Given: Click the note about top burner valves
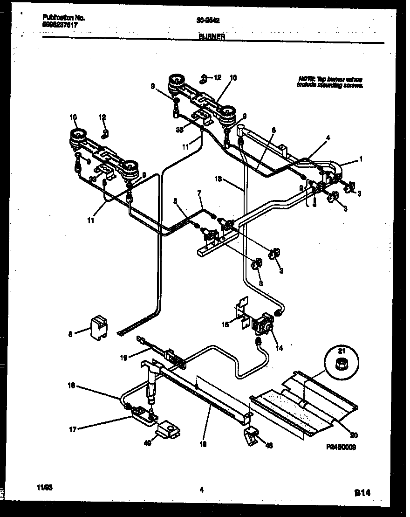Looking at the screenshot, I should [330, 83].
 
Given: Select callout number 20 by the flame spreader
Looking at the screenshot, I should [354, 436].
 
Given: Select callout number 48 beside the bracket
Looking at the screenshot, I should [269, 445].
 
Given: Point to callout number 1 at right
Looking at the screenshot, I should [360, 159].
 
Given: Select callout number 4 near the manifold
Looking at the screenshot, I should [328, 138].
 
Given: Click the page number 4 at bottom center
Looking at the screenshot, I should [201, 489].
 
